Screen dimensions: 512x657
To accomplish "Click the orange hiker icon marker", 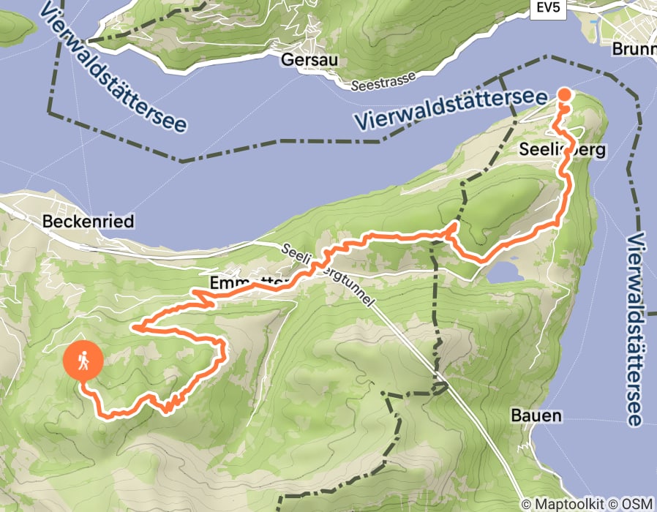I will (x=83, y=360).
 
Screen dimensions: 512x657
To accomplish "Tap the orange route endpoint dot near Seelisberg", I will (x=565, y=94).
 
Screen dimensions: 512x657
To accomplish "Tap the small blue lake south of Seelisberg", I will (x=504, y=273).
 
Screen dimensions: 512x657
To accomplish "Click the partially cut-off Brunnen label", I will (x=634, y=50).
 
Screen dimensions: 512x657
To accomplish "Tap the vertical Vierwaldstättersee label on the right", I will (x=636, y=329).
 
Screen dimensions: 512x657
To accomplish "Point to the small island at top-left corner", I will (x=15, y=26).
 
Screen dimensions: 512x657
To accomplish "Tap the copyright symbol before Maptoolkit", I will (x=527, y=504).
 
